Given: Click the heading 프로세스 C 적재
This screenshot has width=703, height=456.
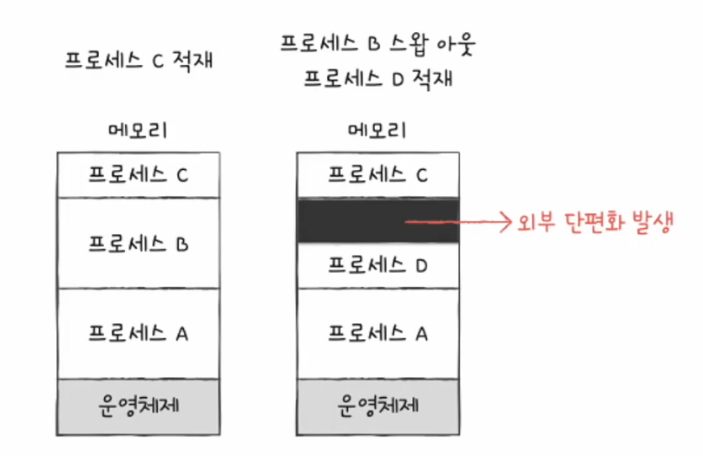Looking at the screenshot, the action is click(x=140, y=62).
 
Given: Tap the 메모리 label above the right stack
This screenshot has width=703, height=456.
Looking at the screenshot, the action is click(x=378, y=132).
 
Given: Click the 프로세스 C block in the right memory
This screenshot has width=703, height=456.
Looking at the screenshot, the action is click(x=378, y=175).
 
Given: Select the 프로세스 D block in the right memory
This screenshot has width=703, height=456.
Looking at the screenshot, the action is click(x=378, y=265).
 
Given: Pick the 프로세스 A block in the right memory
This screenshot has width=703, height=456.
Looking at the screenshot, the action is click(x=378, y=334).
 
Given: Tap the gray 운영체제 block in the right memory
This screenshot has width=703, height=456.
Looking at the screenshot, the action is click(x=378, y=403).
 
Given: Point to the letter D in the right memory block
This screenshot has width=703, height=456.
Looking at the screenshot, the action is click(x=421, y=265).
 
